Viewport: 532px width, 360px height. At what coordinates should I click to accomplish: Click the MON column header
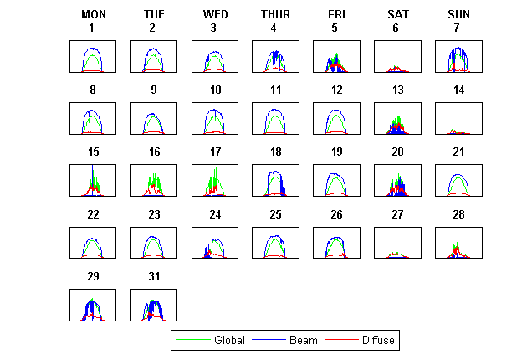click(93, 14)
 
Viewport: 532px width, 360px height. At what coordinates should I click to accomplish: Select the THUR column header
click(275, 14)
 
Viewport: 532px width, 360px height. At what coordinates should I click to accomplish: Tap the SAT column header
click(397, 14)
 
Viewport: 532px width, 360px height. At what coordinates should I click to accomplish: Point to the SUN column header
click(458, 14)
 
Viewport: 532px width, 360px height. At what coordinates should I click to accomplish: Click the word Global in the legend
click(229, 341)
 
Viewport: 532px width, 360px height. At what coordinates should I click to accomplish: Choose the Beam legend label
click(304, 341)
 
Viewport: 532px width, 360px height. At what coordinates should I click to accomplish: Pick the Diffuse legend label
click(378, 341)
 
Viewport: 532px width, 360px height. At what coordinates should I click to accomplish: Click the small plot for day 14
click(458, 118)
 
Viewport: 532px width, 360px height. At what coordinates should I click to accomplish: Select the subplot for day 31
click(154, 304)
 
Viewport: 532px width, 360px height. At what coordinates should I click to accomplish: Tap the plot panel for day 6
click(397, 56)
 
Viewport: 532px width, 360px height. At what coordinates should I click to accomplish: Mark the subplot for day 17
click(215, 180)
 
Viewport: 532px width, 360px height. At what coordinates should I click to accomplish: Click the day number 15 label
click(93, 152)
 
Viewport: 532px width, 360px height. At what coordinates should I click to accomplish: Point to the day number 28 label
click(458, 214)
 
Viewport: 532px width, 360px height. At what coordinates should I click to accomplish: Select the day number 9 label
click(154, 90)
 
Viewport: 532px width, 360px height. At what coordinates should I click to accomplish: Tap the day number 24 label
click(215, 214)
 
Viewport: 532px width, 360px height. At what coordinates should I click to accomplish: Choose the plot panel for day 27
click(397, 242)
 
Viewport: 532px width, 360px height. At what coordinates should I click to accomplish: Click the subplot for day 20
click(397, 180)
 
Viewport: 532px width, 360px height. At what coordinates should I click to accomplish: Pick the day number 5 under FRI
click(336, 28)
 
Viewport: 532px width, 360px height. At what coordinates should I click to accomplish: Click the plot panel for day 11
click(275, 118)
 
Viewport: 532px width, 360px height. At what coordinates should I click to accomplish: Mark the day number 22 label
click(93, 214)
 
